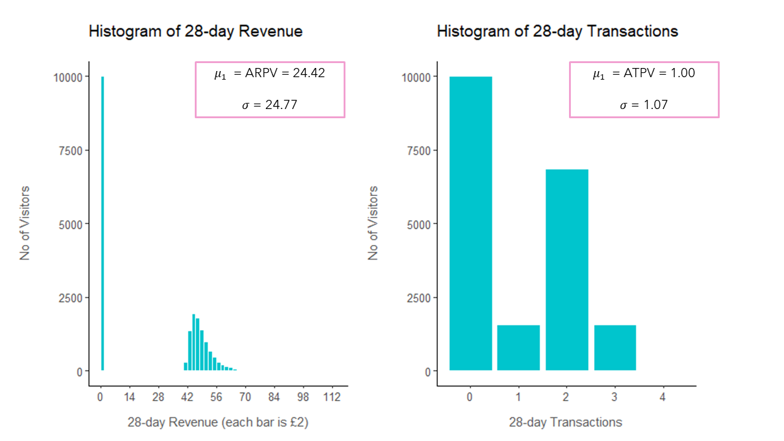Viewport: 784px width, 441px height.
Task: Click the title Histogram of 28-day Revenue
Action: pyautogui.click(x=195, y=31)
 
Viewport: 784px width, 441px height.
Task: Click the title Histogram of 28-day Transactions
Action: pyautogui.click(x=557, y=31)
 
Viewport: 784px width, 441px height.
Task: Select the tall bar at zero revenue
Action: pyautogui.click(x=102, y=224)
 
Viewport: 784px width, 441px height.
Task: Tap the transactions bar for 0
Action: pyautogui.click(x=470, y=224)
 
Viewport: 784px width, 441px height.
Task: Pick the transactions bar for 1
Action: pyautogui.click(x=518, y=347)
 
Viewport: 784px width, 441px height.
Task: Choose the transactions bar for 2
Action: pyautogui.click(x=567, y=269)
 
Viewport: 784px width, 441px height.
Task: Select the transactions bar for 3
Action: pyautogui.click(x=615, y=347)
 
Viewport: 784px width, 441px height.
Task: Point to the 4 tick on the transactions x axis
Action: pyautogui.click(x=663, y=397)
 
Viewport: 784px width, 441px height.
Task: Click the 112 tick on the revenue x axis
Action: pyautogui.click(x=332, y=397)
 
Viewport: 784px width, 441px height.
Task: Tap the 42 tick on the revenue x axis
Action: pyautogui.click(x=187, y=397)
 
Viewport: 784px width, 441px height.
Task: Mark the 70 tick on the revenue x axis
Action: pyautogui.click(x=245, y=397)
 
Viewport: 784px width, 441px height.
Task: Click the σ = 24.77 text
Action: pyautogui.click(x=269, y=105)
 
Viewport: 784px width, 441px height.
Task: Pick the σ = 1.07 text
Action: pyautogui.click(x=644, y=105)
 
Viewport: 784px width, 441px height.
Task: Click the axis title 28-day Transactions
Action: pyautogui.click(x=565, y=422)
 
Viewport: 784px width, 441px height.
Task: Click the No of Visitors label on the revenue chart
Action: pyautogui.click(x=25, y=224)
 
